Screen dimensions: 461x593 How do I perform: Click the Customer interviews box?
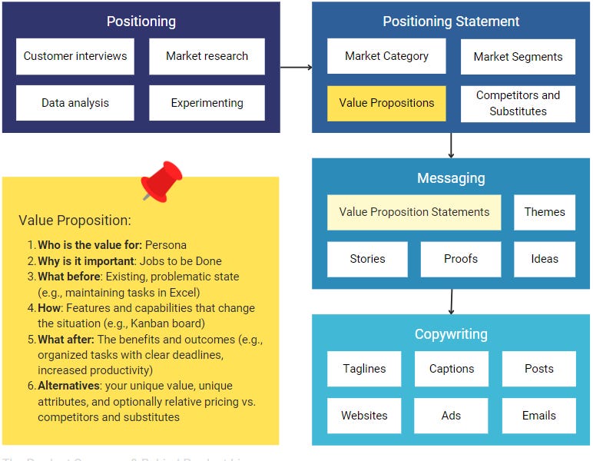75,56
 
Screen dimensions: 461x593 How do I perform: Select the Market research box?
207,56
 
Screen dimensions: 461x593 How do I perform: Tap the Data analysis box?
75,103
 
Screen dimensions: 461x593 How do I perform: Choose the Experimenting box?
207,103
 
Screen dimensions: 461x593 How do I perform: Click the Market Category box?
386,56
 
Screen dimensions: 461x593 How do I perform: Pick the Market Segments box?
518,57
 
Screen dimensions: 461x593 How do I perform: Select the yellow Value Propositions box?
386,103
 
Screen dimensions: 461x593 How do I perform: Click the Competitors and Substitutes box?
518,103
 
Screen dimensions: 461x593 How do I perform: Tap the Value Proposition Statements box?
414,212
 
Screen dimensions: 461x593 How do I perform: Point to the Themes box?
545,212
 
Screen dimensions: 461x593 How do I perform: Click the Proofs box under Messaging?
461,259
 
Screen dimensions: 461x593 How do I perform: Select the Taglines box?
364,369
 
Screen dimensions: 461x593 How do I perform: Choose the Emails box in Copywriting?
538,416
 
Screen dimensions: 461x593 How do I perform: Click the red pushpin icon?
161,181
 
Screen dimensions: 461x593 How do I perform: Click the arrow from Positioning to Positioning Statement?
296,68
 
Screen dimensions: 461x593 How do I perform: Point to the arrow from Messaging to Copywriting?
451,301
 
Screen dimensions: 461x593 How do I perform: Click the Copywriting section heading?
451,334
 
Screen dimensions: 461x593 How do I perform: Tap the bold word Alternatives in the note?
68,386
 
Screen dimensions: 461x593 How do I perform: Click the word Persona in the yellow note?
166,245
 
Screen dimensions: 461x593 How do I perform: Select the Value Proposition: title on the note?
75,221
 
